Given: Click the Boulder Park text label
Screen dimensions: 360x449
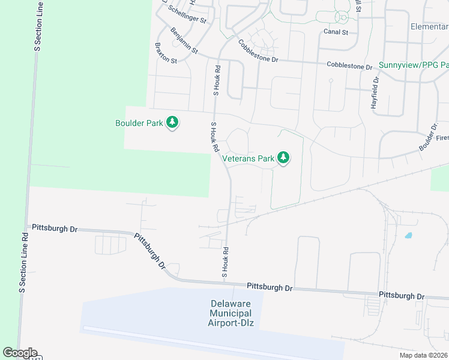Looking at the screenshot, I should [139, 123].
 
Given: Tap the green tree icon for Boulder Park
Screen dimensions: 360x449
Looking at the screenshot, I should [173, 122].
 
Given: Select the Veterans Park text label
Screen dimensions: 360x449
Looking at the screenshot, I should [248, 159].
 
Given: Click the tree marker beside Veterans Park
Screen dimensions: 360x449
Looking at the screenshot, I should [283, 158].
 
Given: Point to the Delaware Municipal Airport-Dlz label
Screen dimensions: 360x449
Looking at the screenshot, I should [231, 313].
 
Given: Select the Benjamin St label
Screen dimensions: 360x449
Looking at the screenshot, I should [184, 41].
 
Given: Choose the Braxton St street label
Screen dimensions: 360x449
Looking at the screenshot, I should [166, 53].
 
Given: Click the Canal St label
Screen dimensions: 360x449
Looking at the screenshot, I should [336, 31].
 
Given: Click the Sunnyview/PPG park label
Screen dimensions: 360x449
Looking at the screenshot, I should [414, 64].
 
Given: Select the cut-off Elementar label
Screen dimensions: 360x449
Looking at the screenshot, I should [429, 27].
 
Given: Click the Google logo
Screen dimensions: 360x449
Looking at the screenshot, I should [20, 353].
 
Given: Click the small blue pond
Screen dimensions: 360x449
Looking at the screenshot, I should [408, 235].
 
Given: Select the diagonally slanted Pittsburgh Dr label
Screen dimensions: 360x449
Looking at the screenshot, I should [149, 251].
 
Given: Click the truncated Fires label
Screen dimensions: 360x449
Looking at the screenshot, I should [442, 137].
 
